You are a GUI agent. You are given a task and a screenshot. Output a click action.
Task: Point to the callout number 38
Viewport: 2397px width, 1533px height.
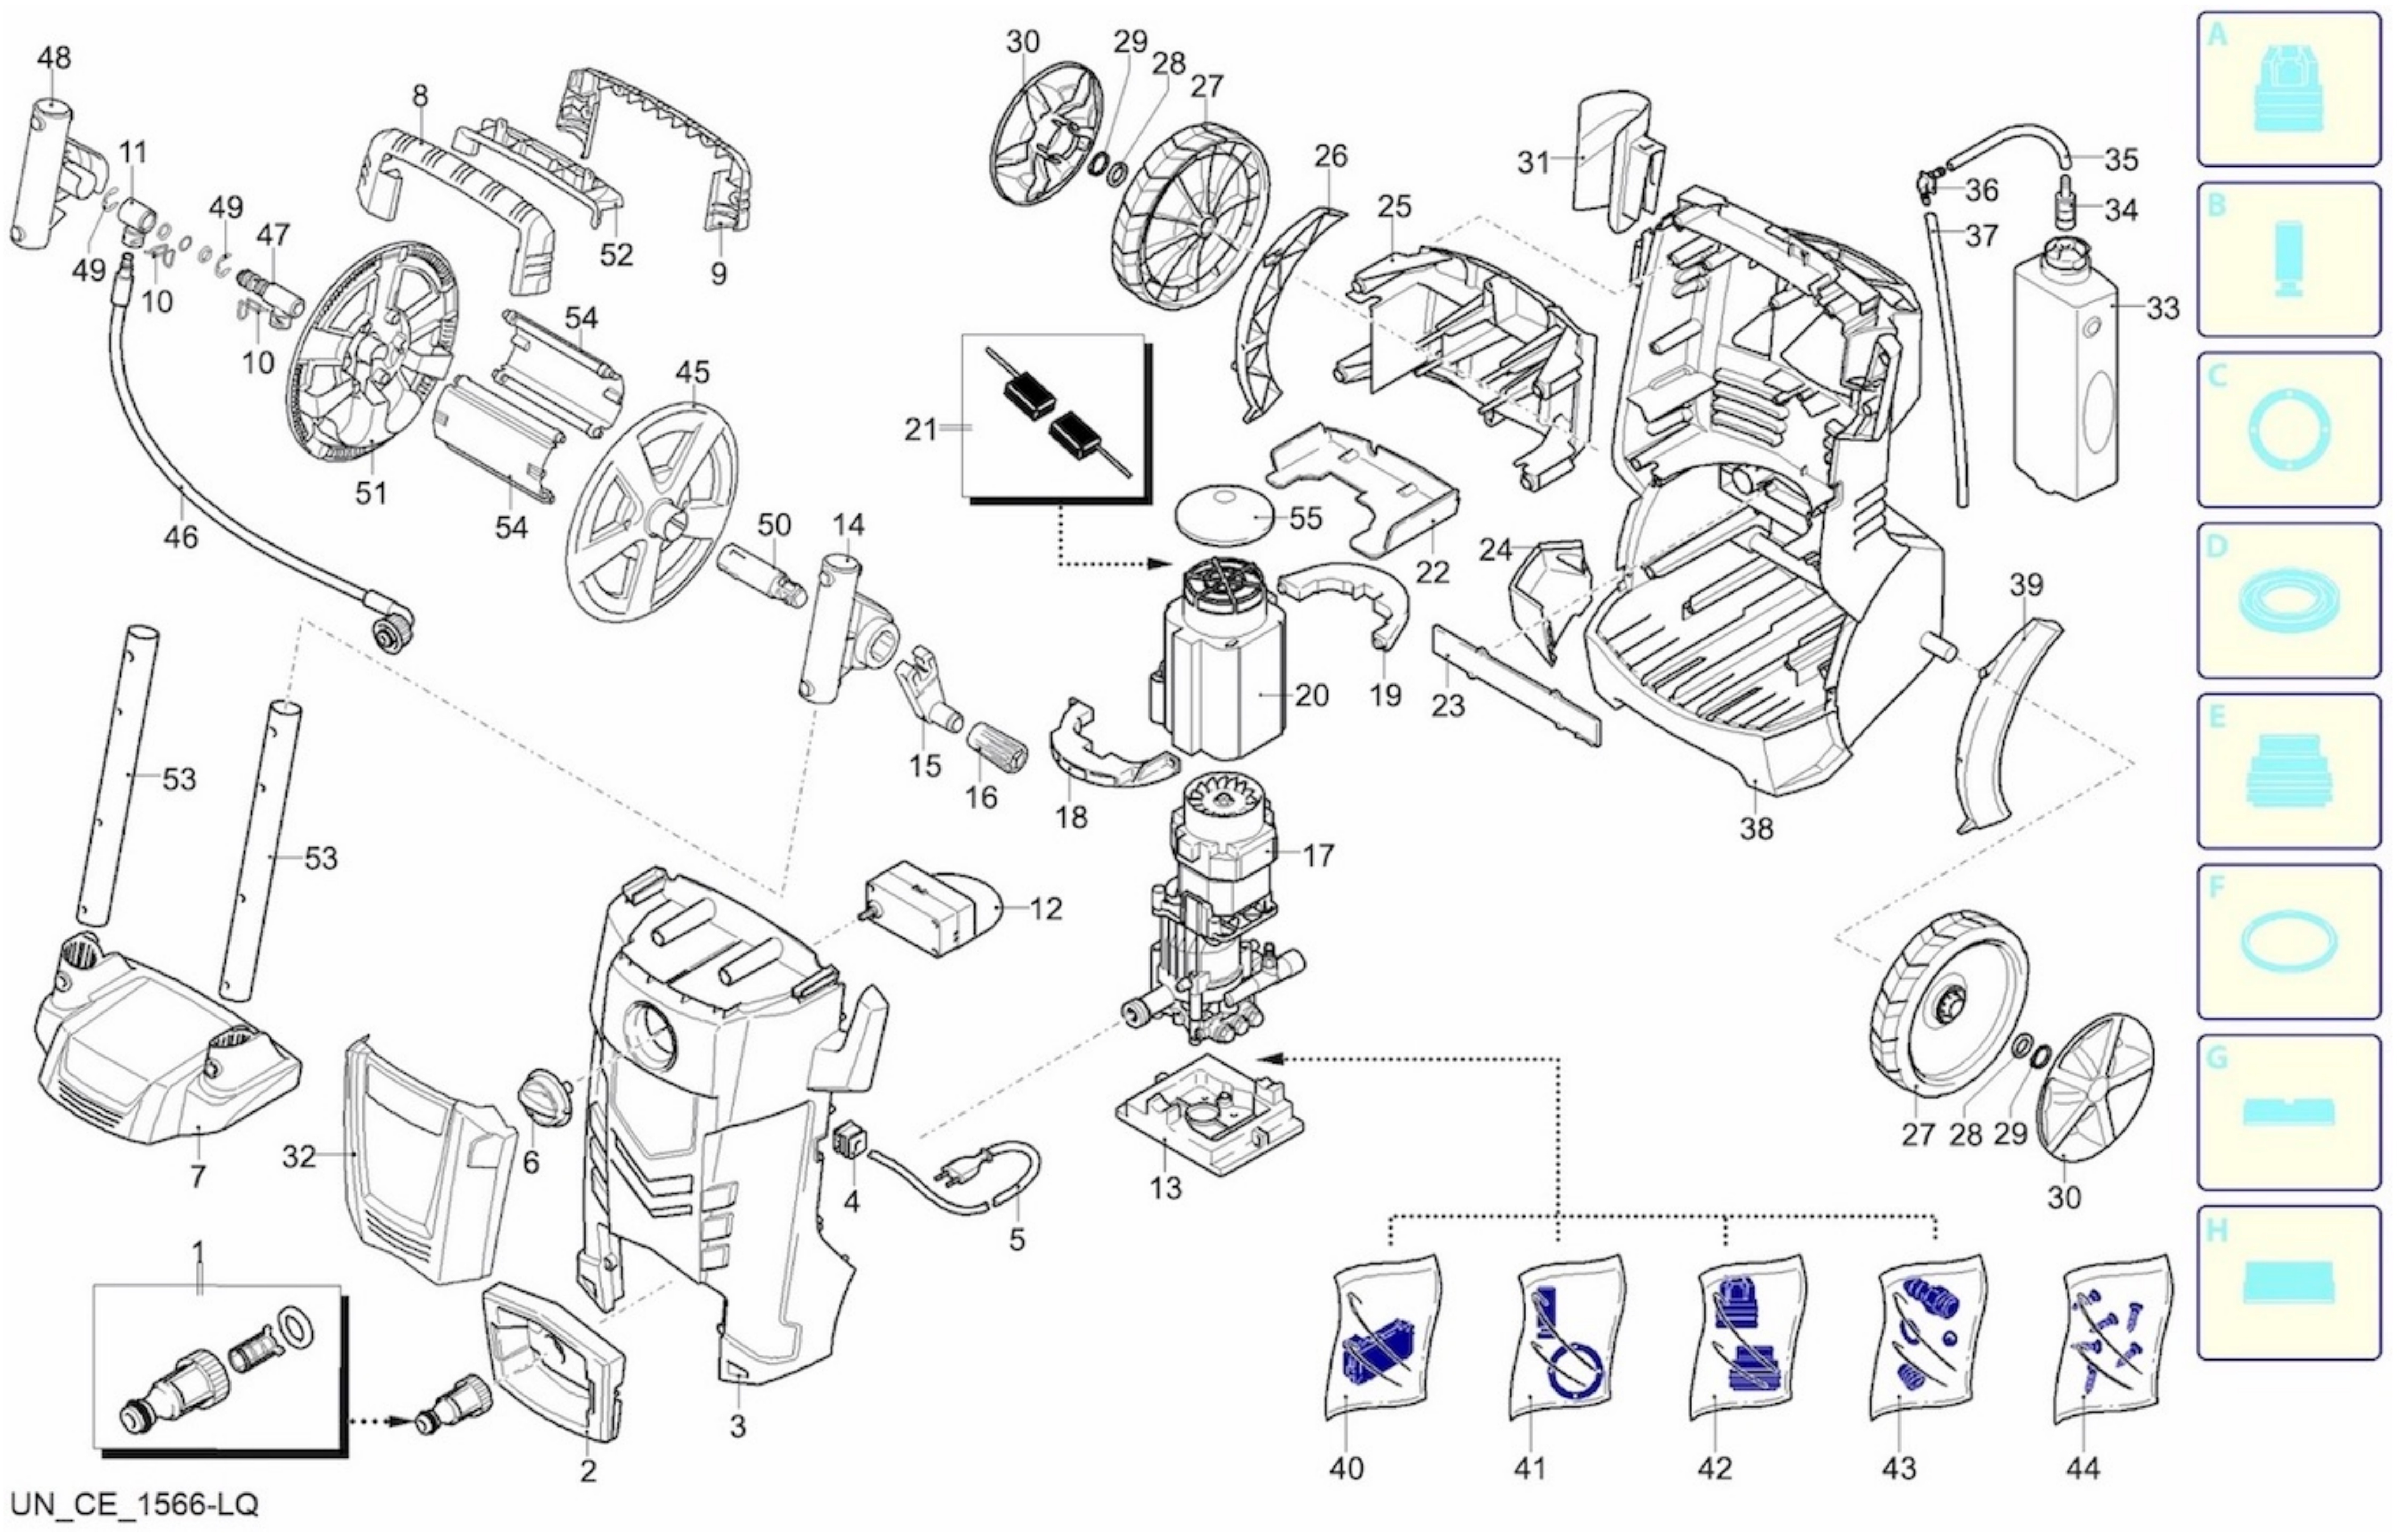tap(1757, 828)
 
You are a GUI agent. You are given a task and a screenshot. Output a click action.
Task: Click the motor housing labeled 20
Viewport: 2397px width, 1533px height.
tap(1219, 677)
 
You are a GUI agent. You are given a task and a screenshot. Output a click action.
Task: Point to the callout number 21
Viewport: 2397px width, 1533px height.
tap(921, 430)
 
